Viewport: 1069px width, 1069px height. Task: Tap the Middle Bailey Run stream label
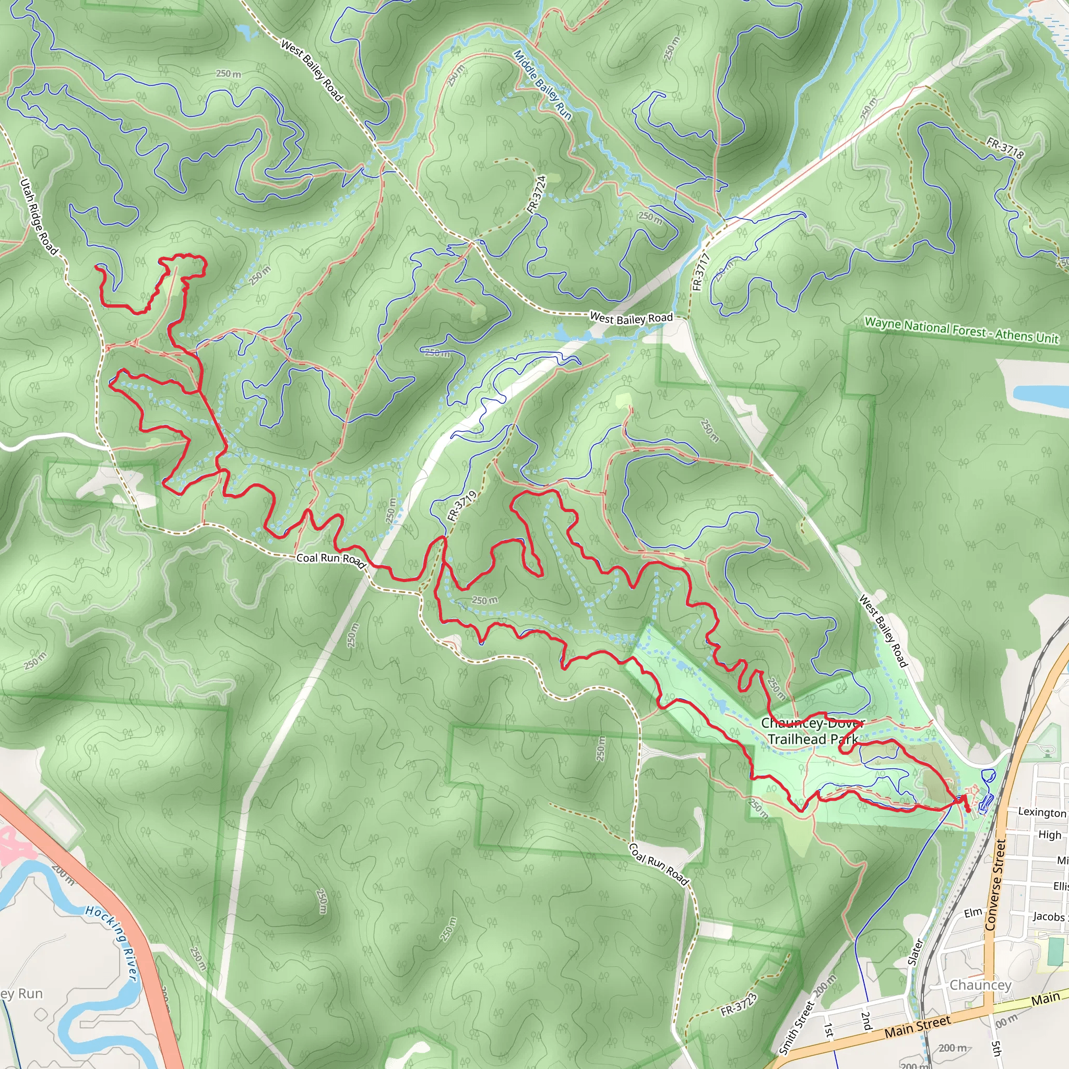[542, 85]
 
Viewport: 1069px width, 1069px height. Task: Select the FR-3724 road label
[537, 194]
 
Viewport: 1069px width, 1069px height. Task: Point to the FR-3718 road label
[1005, 148]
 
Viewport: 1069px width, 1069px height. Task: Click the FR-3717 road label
[700, 271]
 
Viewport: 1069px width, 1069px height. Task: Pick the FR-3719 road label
[461, 506]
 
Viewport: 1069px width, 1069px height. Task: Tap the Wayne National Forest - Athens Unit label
[961, 330]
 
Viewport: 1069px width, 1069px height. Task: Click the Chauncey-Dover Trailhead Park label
[812, 731]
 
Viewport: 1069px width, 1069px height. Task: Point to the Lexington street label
[1042, 812]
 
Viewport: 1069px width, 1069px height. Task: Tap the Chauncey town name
[980, 985]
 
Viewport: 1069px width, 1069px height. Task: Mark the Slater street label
[916, 952]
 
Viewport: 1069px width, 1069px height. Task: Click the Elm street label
[973, 912]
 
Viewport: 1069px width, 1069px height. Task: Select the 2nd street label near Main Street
[866, 1021]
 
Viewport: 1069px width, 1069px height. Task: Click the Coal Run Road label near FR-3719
[331, 560]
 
